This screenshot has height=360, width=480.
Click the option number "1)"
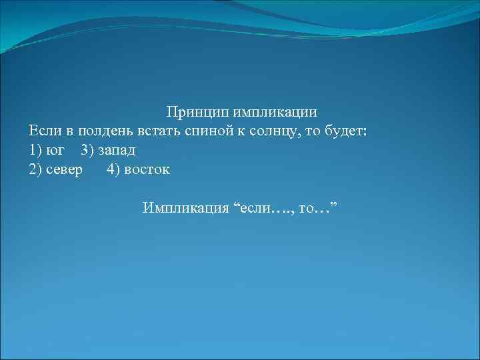click(37, 149)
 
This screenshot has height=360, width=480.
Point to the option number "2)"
click(37, 169)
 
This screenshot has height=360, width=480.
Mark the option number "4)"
click(114, 169)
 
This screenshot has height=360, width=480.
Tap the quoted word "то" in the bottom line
click(307, 209)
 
